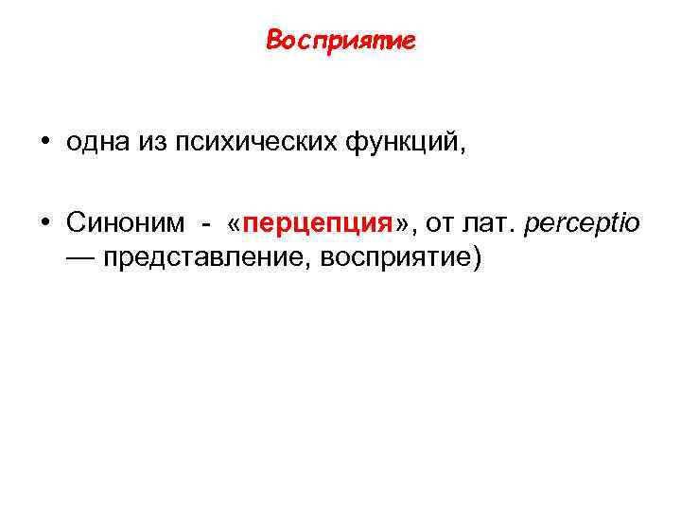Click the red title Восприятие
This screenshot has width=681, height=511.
click(340, 42)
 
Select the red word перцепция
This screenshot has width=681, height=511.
click(317, 224)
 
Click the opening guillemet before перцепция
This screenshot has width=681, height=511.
click(234, 224)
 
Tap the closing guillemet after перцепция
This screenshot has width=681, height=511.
click(401, 224)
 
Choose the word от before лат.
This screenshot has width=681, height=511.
click(436, 223)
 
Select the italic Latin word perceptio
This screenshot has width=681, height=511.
click(581, 224)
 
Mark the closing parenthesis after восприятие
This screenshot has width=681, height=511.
click(476, 257)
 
